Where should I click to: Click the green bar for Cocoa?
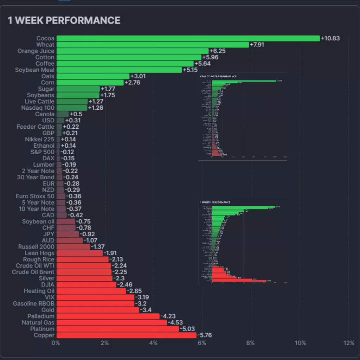tap(188, 38)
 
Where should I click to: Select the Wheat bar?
tap(153, 45)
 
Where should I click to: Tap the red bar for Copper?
tap(126, 335)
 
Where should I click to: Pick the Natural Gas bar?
tap(111, 322)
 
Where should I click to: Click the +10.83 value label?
tap(330, 38)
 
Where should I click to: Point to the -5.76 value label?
tap(205, 335)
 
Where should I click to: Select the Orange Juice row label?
tap(36, 51)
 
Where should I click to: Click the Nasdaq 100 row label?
tap(38, 108)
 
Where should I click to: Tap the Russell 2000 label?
tap(36, 247)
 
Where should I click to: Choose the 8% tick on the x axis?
tap(251, 343)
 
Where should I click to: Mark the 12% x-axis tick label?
tap(348, 343)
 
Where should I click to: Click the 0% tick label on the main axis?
tap(56, 343)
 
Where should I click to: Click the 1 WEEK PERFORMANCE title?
tap(64, 20)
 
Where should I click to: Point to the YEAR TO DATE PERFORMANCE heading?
tap(218, 76)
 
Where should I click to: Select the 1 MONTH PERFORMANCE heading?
tap(215, 202)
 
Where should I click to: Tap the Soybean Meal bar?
tap(119, 70)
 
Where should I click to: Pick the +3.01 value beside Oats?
tap(138, 76)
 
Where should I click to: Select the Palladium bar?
tap(108, 316)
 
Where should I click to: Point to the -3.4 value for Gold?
tap(146, 310)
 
